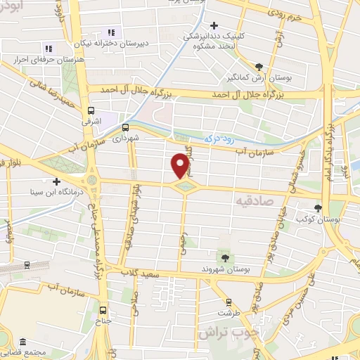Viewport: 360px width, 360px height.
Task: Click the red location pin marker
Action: tap(180, 165)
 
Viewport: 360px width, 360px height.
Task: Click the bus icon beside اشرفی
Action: tap(90, 110)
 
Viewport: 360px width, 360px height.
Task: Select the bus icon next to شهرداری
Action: tap(125, 128)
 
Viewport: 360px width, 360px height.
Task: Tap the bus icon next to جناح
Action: tap(104, 310)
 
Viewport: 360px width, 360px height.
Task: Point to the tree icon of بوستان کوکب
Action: tap(319, 208)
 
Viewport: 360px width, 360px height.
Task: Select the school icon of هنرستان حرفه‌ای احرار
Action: tap(49, 49)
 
